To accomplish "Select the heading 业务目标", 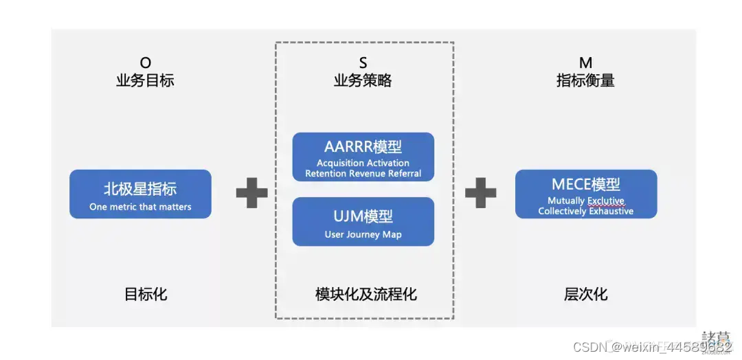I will [x=145, y=81].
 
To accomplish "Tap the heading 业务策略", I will [x=363, y=81].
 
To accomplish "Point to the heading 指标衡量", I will [x=585, y=81].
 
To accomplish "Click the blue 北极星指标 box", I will [x=140, y=194].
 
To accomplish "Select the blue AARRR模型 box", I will [x=363, y=157].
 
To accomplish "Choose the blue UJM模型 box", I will [x=363, y=221].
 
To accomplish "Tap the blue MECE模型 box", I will [x=586, y=194].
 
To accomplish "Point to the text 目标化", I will [x=146, y=295].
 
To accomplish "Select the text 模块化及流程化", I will [x=366, y=295].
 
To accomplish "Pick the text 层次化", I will [x=585, y=295].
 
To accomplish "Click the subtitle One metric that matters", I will [x=140, y=207].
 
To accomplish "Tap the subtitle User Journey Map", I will [x=363, y=235].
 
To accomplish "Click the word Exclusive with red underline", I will [x=606, y=201].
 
